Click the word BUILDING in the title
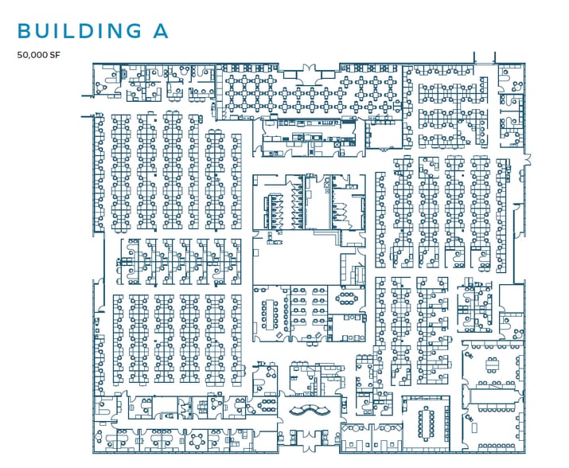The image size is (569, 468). click(80, 30)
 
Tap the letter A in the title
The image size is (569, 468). click(161, 30)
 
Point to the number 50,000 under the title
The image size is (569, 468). click(33, 55)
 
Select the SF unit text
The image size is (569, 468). click(55, 55)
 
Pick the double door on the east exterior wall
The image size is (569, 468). click(527, 159)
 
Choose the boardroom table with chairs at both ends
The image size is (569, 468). click(426, 423)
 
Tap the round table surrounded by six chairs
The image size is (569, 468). click(198, 441)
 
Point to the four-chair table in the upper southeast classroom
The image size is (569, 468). click(493, 365)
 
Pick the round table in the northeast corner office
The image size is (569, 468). click(517, 87)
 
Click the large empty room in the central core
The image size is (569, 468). click(296, 259)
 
